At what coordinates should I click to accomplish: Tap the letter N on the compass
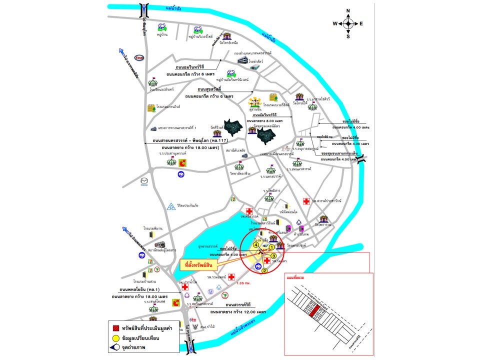click(x=348, y=10)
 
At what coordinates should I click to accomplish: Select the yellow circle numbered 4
click(x=256, y=245)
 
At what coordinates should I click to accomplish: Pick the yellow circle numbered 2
click(x=265, y=270)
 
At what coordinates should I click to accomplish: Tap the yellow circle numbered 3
click(x=273, y=256)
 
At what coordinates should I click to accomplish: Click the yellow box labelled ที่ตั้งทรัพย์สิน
click(x=199, y=263)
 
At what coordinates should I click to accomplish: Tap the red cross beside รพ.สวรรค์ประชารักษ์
click(x=306, y=201)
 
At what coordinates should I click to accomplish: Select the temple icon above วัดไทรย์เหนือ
click(x=227, y=36)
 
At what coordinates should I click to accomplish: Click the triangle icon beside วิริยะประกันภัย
click(x=171, y=206)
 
